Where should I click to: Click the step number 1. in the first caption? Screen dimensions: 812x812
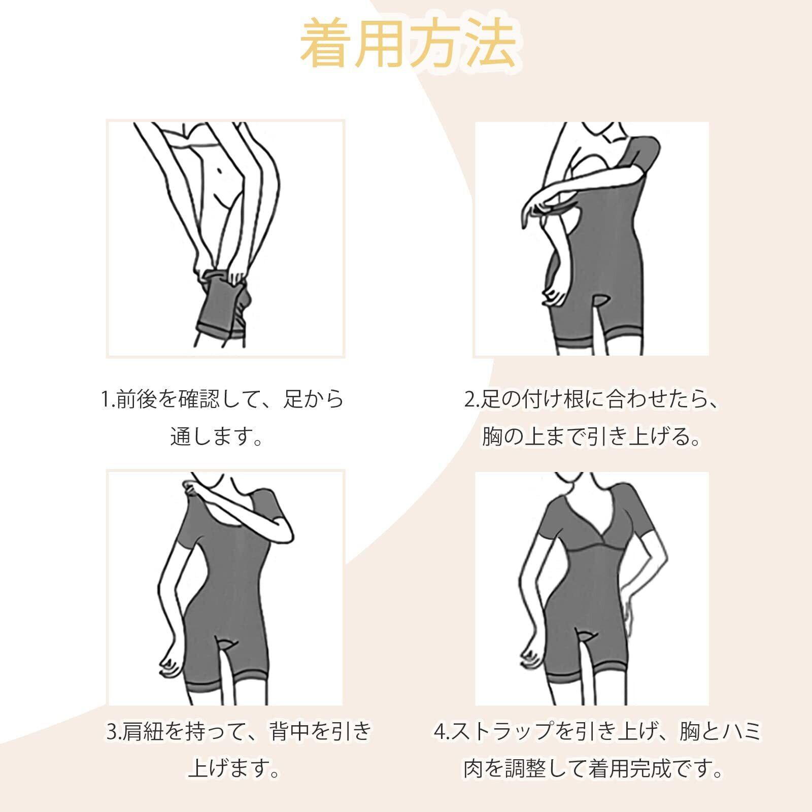[108, 399]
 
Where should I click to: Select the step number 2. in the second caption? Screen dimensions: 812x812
[472, 399]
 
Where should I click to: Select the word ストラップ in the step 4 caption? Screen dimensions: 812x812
[502, 732]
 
